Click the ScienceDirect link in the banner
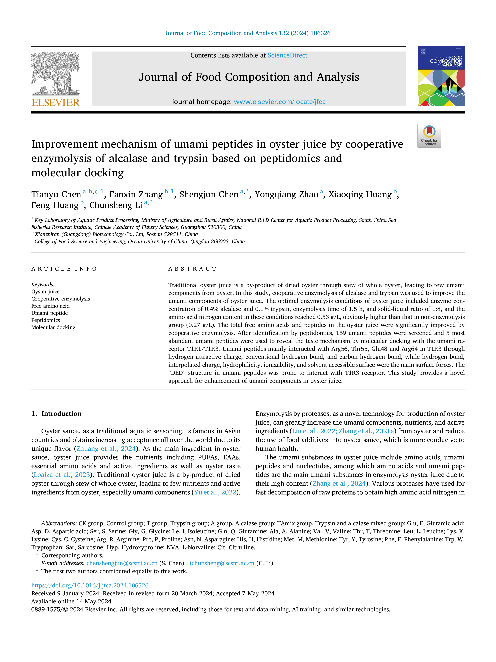point(287,55)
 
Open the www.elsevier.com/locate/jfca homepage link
point(280,102)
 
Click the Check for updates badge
point(429,136)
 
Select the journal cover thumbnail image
point(441,76)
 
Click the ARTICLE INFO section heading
point(64,269)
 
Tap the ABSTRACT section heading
point(192,269)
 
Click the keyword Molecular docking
point(53,327)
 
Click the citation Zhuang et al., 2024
point(106,449)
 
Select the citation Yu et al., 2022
point(215,492)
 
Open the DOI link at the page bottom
point(90,585)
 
